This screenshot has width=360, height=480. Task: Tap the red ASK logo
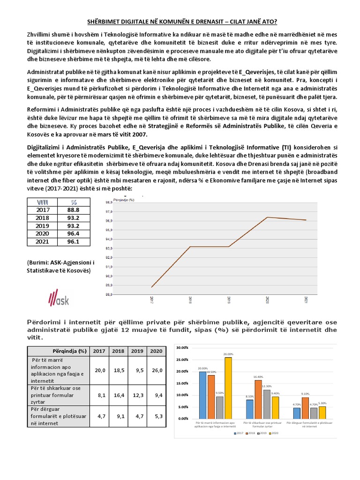coord(59,298)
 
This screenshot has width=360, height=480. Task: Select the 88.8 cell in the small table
coord(74,210)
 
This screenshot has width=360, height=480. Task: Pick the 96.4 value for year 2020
coord(74,233)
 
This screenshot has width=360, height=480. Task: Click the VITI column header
coord(43,202)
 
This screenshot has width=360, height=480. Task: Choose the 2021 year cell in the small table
coord(43,241)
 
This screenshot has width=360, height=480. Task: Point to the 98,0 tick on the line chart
coord(109,202)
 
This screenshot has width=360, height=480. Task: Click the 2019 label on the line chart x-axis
coord(229,300)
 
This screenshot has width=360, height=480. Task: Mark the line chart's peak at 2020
coord(268,217)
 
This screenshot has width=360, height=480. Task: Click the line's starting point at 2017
coord(152,287)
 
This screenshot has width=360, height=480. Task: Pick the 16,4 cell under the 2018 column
coord(119,395)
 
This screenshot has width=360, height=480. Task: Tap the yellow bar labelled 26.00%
coord(228,388)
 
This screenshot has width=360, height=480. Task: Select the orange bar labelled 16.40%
coord(258,399)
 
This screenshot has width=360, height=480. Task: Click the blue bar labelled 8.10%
coord(250,409)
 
